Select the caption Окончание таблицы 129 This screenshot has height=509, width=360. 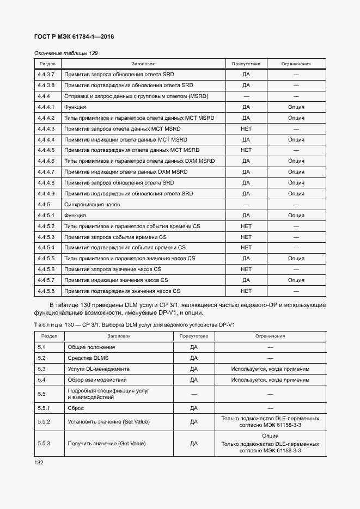66,53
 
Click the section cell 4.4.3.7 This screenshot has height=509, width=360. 46,75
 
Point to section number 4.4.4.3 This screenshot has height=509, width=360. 46,129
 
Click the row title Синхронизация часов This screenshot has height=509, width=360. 92,205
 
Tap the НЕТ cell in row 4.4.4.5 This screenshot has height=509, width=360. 246,150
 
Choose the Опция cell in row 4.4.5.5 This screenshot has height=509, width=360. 296,259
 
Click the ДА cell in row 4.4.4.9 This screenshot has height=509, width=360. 246,194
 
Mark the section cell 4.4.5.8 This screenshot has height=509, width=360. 46,291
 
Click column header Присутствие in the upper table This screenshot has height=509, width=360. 246,64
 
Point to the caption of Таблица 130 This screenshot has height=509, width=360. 134,325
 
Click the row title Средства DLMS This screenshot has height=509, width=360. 88,358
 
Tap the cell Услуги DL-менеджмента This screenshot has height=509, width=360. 99,369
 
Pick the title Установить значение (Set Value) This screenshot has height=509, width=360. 108,422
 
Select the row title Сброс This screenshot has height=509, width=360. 76,408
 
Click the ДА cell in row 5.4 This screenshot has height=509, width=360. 193,380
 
